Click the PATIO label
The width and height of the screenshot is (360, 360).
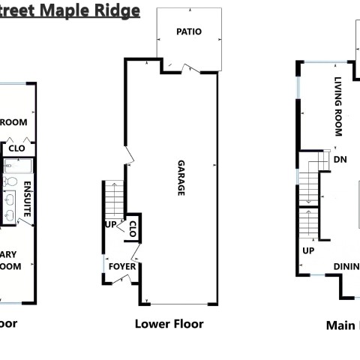(188, 31)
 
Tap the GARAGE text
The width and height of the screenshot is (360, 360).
(181, 178)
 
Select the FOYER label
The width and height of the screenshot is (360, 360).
(122, 266)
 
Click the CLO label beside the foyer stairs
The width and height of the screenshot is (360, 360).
(133, 228)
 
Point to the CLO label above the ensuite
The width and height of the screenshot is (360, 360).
(17, 148)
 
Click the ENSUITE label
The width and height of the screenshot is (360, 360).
(27, 199)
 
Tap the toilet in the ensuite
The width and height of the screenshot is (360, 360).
(11, 181)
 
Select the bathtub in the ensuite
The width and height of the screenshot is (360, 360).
(16, 166)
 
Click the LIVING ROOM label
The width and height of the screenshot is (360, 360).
(338, 106)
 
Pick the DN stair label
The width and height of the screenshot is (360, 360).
(340, 159)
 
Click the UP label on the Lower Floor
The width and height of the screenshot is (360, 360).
(109, 224)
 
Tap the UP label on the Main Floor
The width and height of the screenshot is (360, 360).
(308, 250)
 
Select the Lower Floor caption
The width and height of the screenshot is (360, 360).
(169, 324)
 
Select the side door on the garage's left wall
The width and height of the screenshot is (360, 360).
(129, 155)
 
